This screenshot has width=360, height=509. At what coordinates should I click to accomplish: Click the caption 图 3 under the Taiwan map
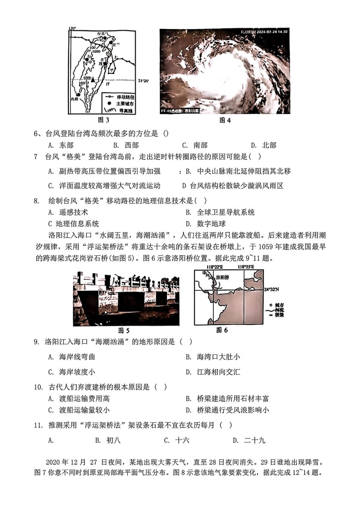coord(103,121)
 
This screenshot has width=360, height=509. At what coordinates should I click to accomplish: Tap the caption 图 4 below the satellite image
coord(225,121)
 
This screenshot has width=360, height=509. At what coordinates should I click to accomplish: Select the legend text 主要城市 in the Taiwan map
coord(125,104)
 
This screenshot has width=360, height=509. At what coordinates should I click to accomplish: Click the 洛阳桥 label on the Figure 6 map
coord(222,277)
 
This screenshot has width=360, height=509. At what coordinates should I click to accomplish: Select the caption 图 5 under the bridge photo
coord(124,330)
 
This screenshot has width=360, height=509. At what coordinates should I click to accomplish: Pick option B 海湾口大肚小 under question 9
coord(218,357)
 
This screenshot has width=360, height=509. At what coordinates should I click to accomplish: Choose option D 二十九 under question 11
coord(254,440)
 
